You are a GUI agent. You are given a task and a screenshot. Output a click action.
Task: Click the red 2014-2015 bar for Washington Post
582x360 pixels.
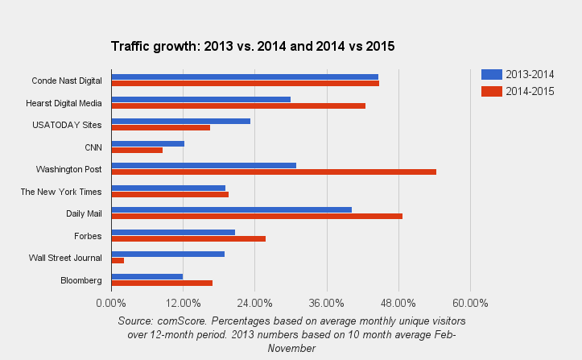[274, 172]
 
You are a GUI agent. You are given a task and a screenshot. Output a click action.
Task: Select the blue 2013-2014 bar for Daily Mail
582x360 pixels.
[231, 209]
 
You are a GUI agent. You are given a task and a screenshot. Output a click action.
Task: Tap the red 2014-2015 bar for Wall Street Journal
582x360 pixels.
[118, 260]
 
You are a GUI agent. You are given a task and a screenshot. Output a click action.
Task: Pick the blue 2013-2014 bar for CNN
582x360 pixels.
[147, 143]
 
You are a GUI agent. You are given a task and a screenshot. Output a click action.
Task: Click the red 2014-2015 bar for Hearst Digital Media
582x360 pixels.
[238, 106]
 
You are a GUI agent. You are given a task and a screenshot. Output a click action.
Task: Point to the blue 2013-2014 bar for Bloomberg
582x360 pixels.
[147, 276]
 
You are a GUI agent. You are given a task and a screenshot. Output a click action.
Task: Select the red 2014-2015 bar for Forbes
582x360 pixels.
[188, 238]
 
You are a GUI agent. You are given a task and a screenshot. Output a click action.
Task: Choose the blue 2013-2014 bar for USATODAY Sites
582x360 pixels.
[180, 121]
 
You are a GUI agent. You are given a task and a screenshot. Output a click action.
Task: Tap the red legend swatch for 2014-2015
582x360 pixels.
[491, 91]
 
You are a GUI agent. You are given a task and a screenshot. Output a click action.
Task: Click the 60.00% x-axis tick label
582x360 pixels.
[470, 303]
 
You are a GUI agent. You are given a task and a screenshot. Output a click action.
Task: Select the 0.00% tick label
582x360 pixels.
[111, 303]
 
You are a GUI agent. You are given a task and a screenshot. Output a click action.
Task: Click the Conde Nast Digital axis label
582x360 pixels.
[67, 81]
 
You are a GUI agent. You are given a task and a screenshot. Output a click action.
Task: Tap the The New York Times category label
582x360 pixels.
[61, 192]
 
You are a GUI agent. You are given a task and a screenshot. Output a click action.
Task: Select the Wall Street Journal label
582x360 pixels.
[65, 258]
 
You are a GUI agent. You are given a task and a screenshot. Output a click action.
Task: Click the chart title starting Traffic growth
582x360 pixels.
[252, 47]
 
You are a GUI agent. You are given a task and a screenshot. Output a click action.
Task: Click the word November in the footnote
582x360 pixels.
[292, 348]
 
